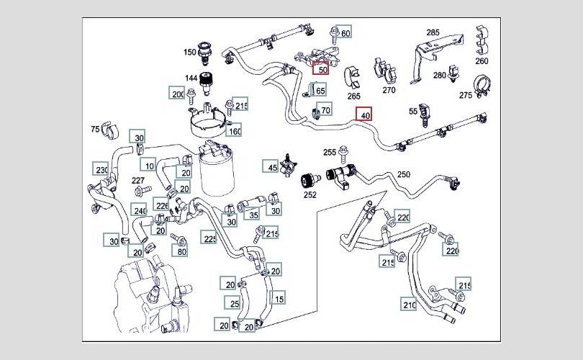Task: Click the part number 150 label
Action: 189,53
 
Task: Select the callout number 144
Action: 191,78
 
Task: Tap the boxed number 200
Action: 177,94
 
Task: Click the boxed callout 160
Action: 235,131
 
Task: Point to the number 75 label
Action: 95,130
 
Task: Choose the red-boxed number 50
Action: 321,70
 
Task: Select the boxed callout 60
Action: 345,34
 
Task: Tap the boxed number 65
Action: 320,90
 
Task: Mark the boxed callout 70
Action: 325,110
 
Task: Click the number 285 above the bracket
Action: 433,33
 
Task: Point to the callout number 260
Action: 482,60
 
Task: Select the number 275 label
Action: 466,95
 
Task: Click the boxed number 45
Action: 271,168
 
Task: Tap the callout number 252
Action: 309,194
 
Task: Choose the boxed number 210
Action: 410,305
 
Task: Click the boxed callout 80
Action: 181,252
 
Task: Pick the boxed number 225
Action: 209,239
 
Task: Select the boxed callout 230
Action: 101,170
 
